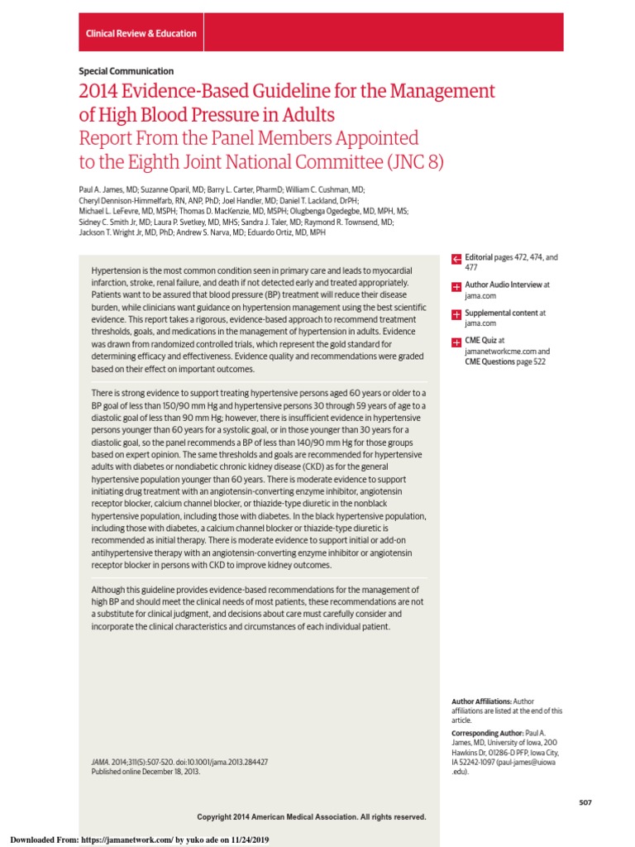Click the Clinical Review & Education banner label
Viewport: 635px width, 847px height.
[x=141, y=34]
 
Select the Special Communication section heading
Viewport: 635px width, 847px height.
[x=126, y=71]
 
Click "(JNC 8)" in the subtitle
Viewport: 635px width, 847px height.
[x=413, y=161]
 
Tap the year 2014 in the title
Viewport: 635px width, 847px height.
[x=99, y=91]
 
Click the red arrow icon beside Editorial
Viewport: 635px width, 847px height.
[x=456, y=260]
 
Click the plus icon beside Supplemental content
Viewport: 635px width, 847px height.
[x=456, y=315]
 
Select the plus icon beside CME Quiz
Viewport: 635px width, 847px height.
[x=456, y=342]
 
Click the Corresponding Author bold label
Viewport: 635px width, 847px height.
[x=487, y=734]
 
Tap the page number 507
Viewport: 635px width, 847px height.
[x=585, y=802]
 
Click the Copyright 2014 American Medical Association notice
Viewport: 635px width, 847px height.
[x=312, y=816]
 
